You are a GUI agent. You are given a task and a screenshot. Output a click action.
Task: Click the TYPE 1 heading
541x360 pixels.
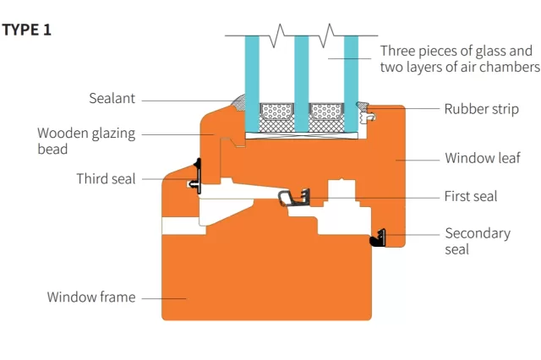pos(26,30)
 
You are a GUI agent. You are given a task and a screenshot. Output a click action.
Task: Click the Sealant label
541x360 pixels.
pos(112,98)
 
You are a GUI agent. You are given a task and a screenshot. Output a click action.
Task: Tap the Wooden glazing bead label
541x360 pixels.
pos(86,141)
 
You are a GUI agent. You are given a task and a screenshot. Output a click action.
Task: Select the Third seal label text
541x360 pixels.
pos(106,179)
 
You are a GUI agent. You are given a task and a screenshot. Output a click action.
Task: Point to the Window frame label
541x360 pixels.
pos(91,297)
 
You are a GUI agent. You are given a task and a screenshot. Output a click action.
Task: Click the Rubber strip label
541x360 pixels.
pos(481,109)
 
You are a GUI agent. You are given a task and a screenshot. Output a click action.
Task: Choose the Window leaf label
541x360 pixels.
pos(483,158)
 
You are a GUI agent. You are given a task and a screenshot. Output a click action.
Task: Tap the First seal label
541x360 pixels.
pos(471,196)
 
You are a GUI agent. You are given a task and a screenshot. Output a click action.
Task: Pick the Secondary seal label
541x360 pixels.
pos(478,241)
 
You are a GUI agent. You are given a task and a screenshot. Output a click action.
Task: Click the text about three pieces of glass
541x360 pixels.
pos(460,58)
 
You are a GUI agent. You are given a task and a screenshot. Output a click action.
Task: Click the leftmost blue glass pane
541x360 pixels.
pos(252,85)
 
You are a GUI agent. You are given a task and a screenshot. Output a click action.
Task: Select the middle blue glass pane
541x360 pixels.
pos(302,85)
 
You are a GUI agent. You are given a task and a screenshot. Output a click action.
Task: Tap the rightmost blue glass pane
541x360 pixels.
pos(351,85)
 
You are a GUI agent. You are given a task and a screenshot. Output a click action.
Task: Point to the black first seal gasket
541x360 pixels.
pos(294,198)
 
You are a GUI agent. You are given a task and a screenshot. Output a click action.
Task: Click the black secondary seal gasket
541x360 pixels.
pos(378,238)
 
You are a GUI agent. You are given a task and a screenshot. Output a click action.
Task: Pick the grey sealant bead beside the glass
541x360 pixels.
pos(238,103)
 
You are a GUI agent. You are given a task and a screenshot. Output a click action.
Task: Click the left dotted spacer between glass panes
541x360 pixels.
pos(276,111)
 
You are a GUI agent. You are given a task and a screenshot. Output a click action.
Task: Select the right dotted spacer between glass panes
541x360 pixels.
pos(326,111)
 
